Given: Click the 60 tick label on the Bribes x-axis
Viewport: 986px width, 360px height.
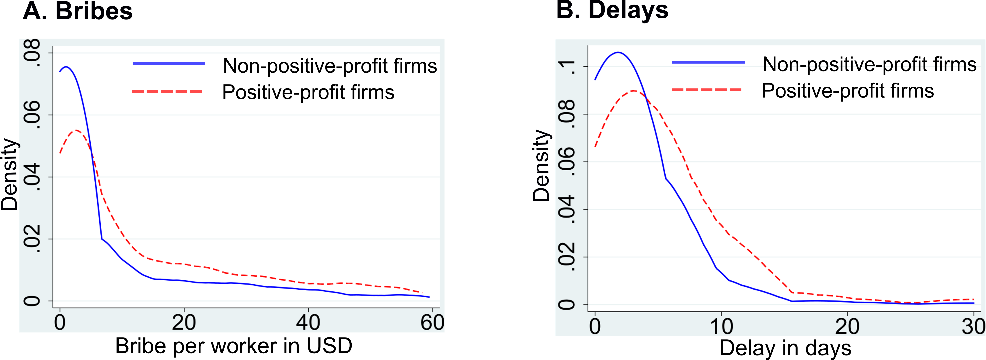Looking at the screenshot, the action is pyautogui.click(x=432, y=323).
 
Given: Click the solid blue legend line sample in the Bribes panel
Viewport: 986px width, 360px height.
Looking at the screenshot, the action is pyautogui.click(x=169, y=64).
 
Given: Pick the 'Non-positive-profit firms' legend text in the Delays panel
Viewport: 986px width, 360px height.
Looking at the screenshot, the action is pyautogui.click(x=870, y=64).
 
